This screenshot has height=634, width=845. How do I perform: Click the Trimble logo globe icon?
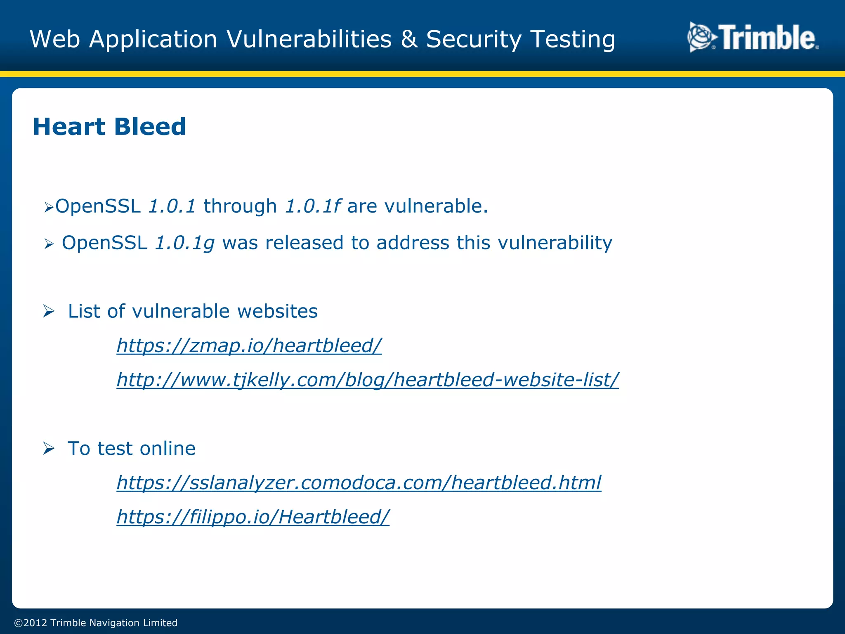coord(701,38)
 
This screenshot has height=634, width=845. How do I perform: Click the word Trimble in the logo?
coord(767,38)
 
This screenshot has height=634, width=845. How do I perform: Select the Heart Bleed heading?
coord(109,126)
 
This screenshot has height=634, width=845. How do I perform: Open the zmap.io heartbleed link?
coord(249,345)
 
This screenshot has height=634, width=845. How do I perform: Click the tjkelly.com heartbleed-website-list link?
coord(367,379)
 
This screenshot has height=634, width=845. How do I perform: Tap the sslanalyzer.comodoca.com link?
coord(359,482)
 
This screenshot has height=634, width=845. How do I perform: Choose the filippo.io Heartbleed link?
coord(253,516)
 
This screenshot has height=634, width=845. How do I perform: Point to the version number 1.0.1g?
coord(184,243)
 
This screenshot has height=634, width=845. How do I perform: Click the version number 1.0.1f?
coord(312,206)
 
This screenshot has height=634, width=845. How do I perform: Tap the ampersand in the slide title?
coord(408,39)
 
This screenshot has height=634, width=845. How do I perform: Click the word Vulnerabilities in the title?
coord(309,39)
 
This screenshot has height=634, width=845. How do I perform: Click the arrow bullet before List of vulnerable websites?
coord(49,311)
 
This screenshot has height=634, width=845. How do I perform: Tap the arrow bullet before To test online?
coord(49,448)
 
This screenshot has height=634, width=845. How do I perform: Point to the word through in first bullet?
coord(240,206)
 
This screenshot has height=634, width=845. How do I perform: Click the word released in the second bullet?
coord(304,243)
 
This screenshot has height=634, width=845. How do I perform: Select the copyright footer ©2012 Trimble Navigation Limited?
coord(96,622)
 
